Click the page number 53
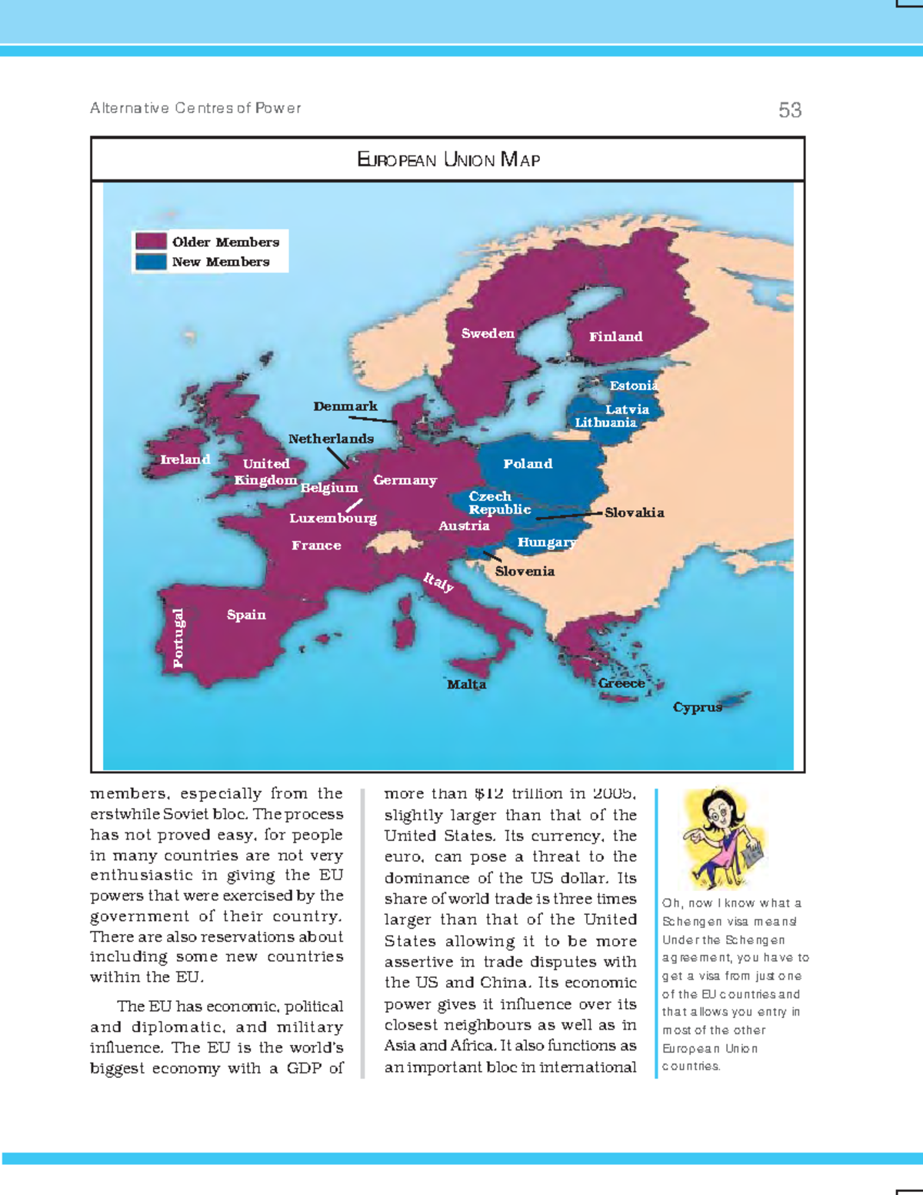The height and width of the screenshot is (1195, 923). click(789, 110)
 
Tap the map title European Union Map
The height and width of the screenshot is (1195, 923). click(448, 160)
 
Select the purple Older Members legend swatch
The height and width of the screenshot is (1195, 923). click(151, 242)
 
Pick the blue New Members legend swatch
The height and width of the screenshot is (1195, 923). click(151, 262)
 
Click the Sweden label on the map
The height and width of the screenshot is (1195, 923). click(488, 333)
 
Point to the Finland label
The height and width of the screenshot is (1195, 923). click(615, 336)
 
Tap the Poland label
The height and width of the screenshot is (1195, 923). click(528, 463)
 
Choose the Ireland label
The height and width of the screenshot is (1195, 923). click(185, 459)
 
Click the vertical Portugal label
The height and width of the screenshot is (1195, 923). click(178, 638)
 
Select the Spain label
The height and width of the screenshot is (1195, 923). click(246, 615)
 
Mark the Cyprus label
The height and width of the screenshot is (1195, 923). click(697, 707)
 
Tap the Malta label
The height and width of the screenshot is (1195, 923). click(466, 684)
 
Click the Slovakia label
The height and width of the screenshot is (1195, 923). click(634, 512)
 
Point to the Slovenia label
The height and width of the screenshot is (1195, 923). click(525, 571)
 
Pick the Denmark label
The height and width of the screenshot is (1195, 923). click(345, 406)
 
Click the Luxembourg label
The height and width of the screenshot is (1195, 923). click(333, 518)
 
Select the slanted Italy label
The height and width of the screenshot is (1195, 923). click(438, 582)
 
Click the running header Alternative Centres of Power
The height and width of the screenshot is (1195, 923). click(195, 108)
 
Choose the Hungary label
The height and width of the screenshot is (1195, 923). click(546, 542)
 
